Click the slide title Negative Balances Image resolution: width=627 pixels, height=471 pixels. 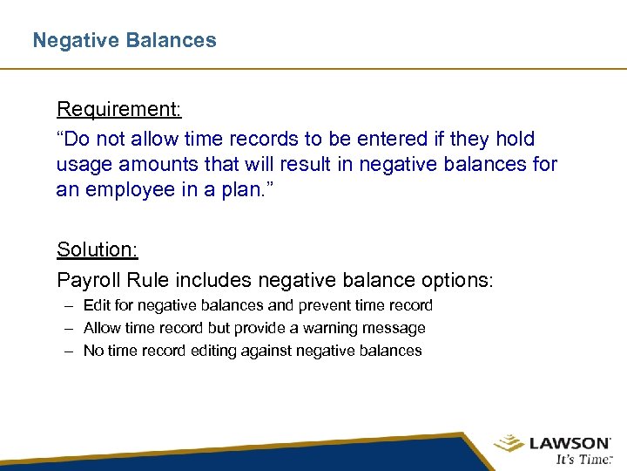coord(125,40)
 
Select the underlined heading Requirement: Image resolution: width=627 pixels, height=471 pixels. coord(119,110)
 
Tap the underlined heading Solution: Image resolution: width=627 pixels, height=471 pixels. coord(98,249)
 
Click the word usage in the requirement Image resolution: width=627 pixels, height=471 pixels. coord(83,165)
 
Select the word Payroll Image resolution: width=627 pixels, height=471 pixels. coord(87,281)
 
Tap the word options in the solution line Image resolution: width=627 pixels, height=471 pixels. coord(458,281)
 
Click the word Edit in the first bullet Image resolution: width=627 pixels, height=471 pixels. coord(97,305)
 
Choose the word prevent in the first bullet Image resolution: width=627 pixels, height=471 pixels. coord(326,305)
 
